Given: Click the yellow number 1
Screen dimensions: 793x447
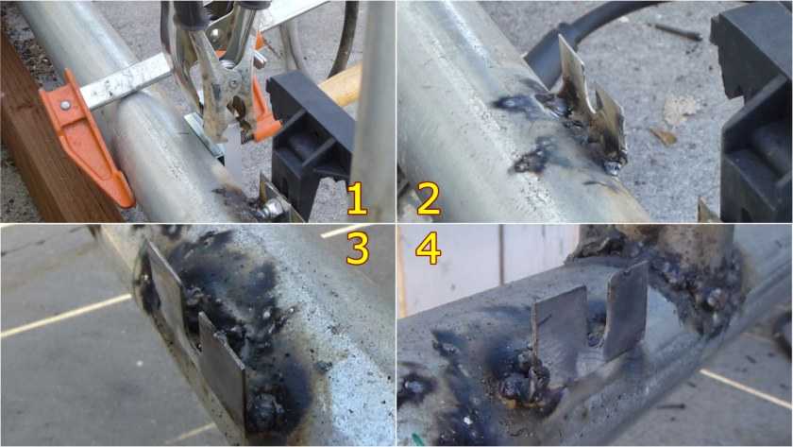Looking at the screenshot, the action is click(x=357, y=198).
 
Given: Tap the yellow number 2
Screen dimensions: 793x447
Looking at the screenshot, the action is click(x=428, y=198).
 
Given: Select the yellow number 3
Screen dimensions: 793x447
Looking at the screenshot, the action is click(x=358, y=248).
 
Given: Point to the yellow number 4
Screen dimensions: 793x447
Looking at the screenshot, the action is click(x=428, y=248).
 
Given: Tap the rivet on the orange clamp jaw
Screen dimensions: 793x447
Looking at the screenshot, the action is click(x=65, y=105).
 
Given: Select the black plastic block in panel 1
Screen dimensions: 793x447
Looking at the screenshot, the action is click(x=311, y=142).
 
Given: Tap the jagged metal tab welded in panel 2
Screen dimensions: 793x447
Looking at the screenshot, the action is click(x=589, y=109).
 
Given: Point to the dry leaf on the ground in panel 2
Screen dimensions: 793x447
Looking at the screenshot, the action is click(x=664, y=136).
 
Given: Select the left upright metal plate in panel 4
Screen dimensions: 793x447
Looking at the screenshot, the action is click(x=561, y=327).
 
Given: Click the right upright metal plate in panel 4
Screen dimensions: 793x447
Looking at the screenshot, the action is click(x=626, y=310).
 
